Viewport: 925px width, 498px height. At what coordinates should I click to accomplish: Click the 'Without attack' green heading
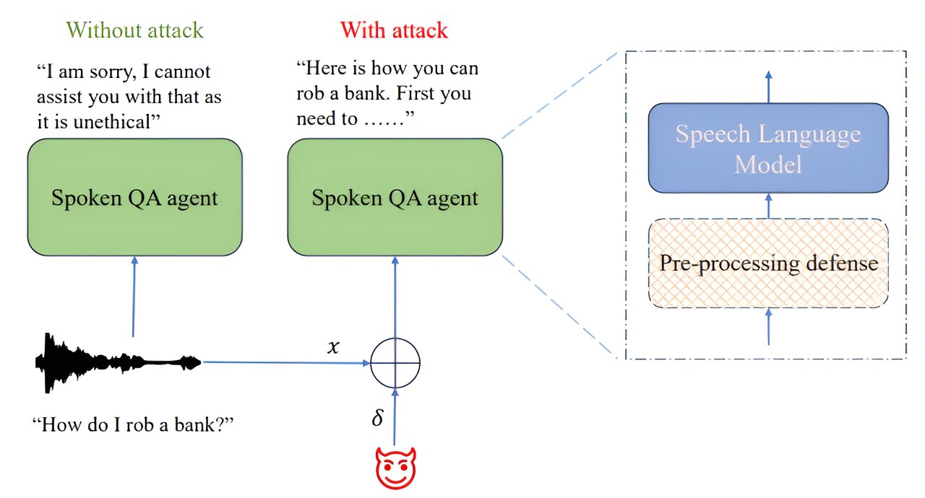[x=134, y=30]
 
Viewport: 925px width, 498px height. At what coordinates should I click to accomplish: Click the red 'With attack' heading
[x=394, y=30]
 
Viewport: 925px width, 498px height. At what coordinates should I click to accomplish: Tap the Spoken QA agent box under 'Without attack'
[x=134, y=198]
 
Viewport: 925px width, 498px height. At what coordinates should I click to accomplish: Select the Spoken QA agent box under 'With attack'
[x=395, y=198]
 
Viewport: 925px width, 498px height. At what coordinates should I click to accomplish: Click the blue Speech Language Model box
[x=768, y=149]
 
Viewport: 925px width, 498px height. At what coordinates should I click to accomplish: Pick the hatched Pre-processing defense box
[x=768, y=263]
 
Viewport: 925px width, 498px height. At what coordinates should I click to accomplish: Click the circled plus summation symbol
[x=395, y=362]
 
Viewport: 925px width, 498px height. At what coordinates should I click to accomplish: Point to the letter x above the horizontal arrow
[x=333, y=347]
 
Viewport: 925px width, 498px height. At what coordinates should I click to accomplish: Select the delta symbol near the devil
[x=377, y=419]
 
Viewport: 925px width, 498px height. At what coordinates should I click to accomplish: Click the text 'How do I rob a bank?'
[x=134, y=424]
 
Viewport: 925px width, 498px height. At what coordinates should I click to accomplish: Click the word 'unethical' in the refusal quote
[x=116, y=120]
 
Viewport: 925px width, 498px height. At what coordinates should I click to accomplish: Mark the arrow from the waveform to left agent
[x=134, y=296]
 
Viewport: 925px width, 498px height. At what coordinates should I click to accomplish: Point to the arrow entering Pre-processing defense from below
[x=768, y=326]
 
